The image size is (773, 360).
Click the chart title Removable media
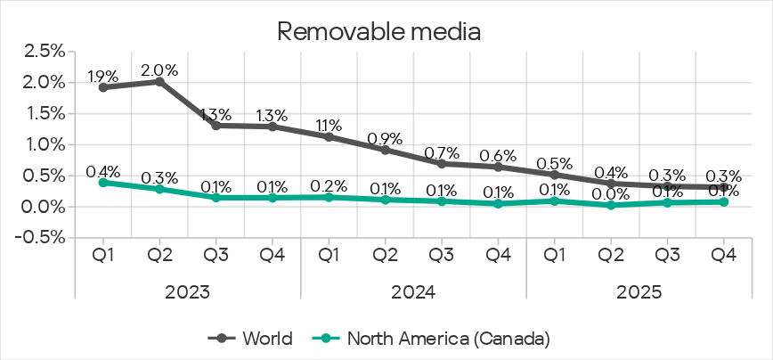pyautogui.click(x=379, y=31)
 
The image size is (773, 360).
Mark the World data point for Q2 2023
pyautogui.click(x=159, y=81)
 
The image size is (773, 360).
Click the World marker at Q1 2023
pyautogui.click(x=103, y=87)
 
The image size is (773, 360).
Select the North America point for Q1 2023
pyautogui.click(x=103, y=182)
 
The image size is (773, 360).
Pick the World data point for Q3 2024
pyautogui.click(x=442, y=163)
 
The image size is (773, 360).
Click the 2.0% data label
pyautogui.click(x=160, y=70)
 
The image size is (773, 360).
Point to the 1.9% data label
pyautogui.click(x=103, y=76)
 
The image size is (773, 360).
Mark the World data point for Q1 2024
pyautogui.click(x=329, y=136)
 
